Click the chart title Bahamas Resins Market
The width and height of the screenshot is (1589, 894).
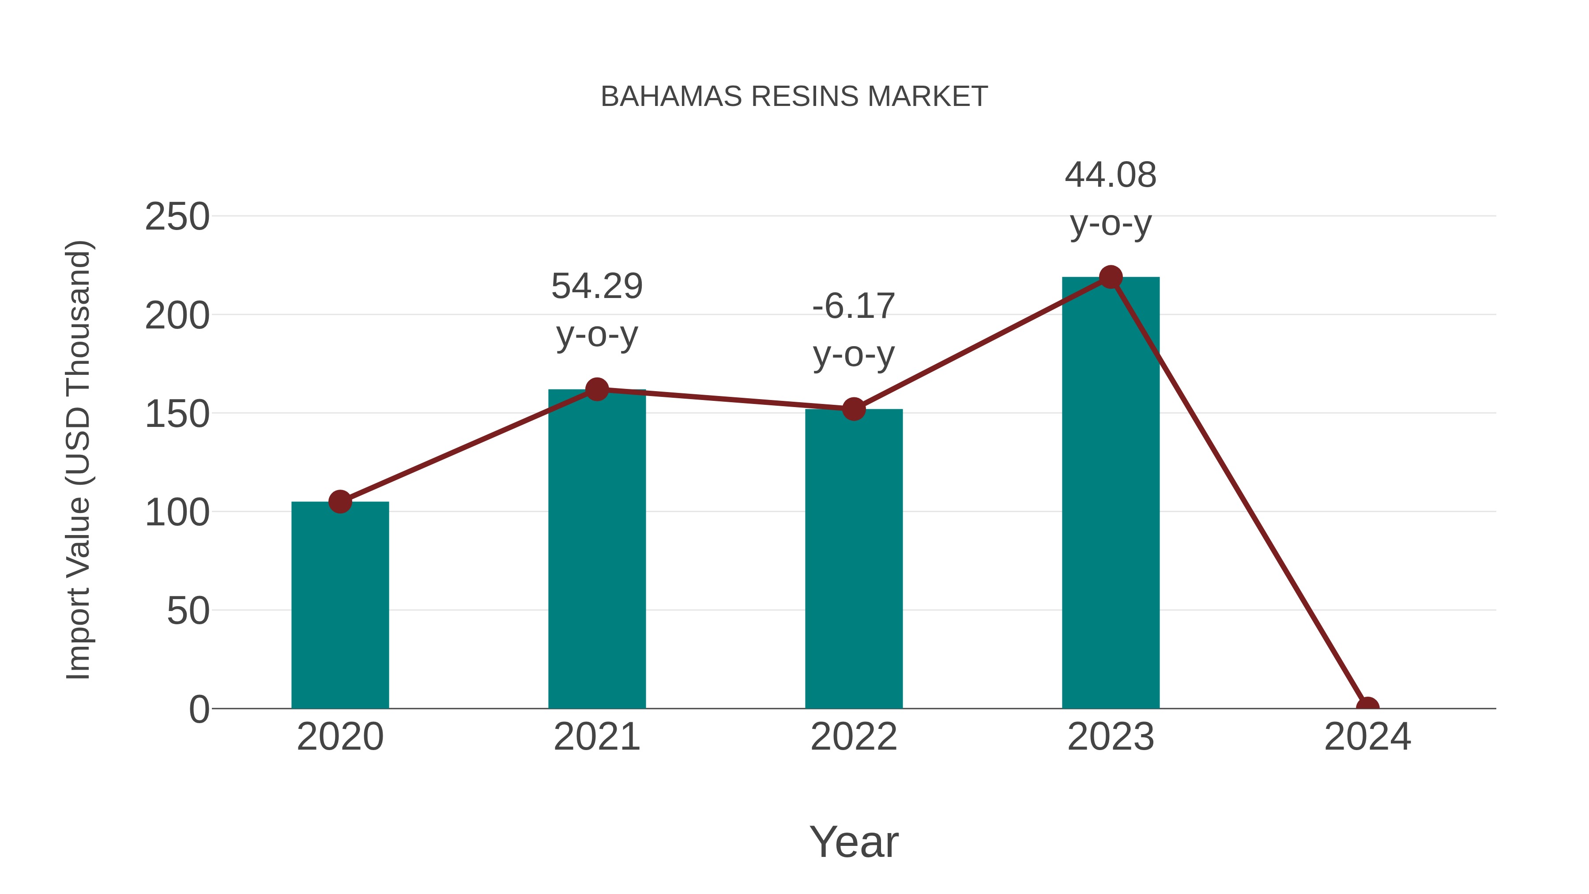pos(794,97)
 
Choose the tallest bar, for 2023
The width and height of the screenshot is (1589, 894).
pos(1111,494)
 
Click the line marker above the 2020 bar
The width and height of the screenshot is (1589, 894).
pos(340,502)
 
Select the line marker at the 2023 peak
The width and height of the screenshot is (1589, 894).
pos(1111,277)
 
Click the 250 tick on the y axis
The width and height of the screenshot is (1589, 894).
pos(177,217)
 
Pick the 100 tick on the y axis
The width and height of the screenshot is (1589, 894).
pos(177,513)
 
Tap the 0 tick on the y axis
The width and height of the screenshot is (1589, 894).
pos(199,709)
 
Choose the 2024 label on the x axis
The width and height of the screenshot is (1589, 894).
pos(1367,737)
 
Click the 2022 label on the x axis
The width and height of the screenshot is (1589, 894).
pos(853,737)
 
